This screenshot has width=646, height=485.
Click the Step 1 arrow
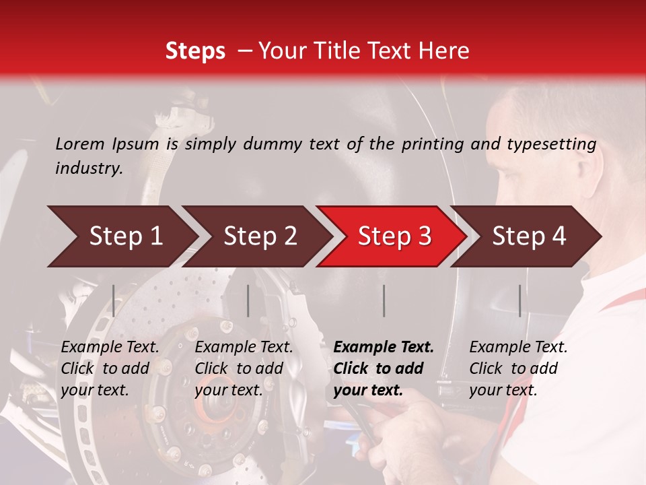121,236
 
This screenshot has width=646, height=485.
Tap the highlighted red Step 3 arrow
394,236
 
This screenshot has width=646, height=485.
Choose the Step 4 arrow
528,236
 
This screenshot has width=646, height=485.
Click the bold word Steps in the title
195,51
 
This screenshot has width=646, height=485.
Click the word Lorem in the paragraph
79,143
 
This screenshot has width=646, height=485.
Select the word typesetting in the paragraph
549,144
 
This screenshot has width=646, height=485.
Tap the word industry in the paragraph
88,168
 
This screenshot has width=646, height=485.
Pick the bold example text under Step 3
384,368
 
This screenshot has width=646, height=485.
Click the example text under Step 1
110,368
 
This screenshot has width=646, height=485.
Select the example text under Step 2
244,368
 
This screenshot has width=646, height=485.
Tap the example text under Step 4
518,368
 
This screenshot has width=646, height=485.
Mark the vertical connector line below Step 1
114,300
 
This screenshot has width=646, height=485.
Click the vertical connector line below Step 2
248,300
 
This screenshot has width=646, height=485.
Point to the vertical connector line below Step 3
384,300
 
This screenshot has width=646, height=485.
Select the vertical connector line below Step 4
519,300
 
